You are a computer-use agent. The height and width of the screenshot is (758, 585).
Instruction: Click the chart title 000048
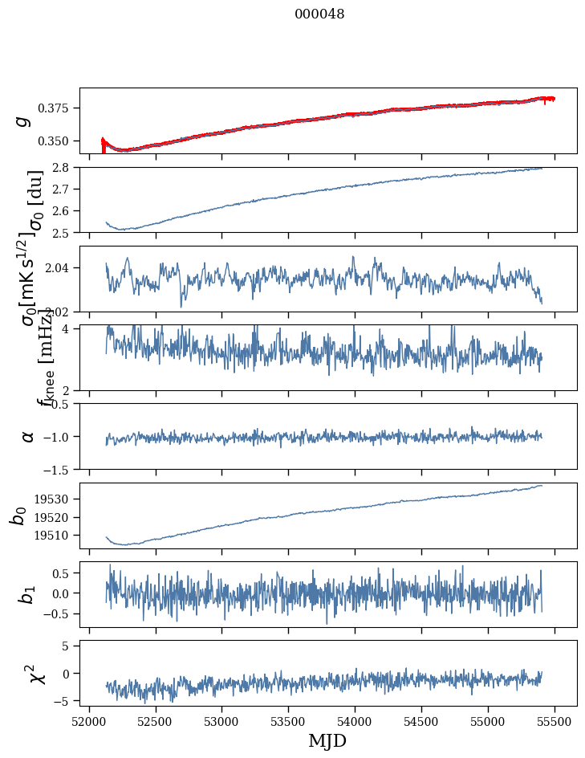319,14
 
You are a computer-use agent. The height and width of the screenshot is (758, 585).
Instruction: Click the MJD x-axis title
327,740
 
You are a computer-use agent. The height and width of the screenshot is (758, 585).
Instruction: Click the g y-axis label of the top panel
24,120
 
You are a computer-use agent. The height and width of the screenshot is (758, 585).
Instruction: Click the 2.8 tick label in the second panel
66,168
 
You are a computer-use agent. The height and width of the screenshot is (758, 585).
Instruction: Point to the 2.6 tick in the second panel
66,211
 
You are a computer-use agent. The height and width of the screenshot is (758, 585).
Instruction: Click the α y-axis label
28,436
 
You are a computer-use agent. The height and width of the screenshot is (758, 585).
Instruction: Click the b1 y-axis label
28,594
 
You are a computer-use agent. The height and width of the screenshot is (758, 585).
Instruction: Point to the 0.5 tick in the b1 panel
64,573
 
